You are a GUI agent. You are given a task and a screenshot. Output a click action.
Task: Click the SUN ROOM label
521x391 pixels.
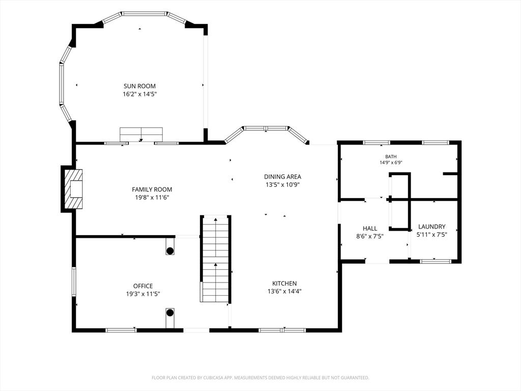pos(139,86)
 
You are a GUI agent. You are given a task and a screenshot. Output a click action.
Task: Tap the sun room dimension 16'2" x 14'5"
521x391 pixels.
pos(139,94)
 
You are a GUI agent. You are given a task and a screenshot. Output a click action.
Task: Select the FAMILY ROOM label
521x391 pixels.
pos(152,189)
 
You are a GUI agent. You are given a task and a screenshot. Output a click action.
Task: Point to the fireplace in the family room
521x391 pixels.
pos(72,189)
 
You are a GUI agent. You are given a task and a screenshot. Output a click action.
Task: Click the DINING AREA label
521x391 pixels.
pos(282,177)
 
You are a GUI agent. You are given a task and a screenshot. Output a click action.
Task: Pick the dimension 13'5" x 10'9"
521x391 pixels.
pos(282,185)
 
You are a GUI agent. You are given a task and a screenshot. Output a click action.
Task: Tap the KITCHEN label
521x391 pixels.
pos(284,283)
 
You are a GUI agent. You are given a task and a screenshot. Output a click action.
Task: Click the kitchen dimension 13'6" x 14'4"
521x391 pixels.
pos(284,292)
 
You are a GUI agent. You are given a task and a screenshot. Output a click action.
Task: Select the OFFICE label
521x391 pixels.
pos(143,286)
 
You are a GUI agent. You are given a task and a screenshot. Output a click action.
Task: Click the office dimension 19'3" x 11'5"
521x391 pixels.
pos(143,294)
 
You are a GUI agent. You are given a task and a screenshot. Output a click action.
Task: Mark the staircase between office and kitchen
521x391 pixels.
pos(216,259)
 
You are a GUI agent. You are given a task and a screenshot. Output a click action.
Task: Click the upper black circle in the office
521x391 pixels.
pos(170,250)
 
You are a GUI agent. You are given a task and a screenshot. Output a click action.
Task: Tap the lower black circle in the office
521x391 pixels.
pos(170,313)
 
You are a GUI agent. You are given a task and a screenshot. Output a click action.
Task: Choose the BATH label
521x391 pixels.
pos(391,157)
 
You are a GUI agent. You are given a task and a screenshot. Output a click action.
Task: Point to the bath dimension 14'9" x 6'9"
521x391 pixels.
pos(391,162)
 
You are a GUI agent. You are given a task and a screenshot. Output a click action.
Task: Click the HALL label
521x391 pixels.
pos(370,229)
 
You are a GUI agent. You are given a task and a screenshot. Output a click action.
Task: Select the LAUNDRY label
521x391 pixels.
pos(431,227)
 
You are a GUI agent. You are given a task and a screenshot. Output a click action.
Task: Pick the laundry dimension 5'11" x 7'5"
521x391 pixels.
pos(431,234)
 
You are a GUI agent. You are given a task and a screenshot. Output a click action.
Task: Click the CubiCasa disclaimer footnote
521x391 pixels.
pos(260,378)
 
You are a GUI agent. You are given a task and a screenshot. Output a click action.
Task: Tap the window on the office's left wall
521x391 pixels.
pos(74,282)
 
